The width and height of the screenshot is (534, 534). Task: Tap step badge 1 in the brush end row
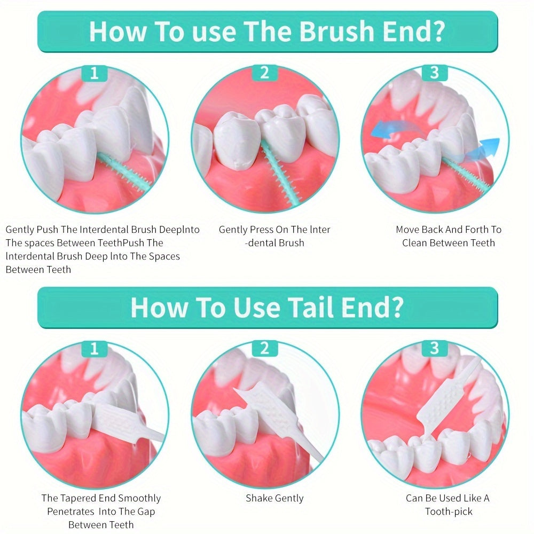point(95,73)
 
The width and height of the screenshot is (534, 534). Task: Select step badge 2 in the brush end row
point(264,73)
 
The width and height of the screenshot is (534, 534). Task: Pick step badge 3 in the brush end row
point(434,73)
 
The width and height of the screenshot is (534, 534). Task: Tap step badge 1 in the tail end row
point(95,349)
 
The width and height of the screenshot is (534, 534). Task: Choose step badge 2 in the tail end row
point(264,349)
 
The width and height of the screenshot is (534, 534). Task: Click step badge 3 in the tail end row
point(434,349)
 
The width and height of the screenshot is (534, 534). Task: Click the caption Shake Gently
point(274,498)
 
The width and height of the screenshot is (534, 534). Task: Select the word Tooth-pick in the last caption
point(449,512)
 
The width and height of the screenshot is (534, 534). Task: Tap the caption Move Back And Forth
point(449,230)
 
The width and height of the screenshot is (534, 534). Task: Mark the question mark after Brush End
point(438,32)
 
